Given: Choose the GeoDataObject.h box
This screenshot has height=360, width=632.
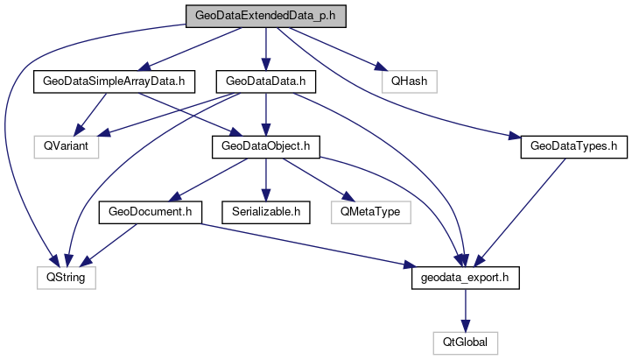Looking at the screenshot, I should tap(264, 146).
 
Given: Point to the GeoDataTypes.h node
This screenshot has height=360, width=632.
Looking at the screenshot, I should tap(573, 146).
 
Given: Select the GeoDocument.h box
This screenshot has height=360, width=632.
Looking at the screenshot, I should tap(151, 211).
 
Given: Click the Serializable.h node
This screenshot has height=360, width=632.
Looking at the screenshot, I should tap(264, 211).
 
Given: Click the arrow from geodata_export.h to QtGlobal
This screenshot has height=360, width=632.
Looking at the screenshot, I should tap(466, 309).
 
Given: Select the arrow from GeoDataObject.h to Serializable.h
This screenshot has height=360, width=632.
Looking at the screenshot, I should tap(264, 179).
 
